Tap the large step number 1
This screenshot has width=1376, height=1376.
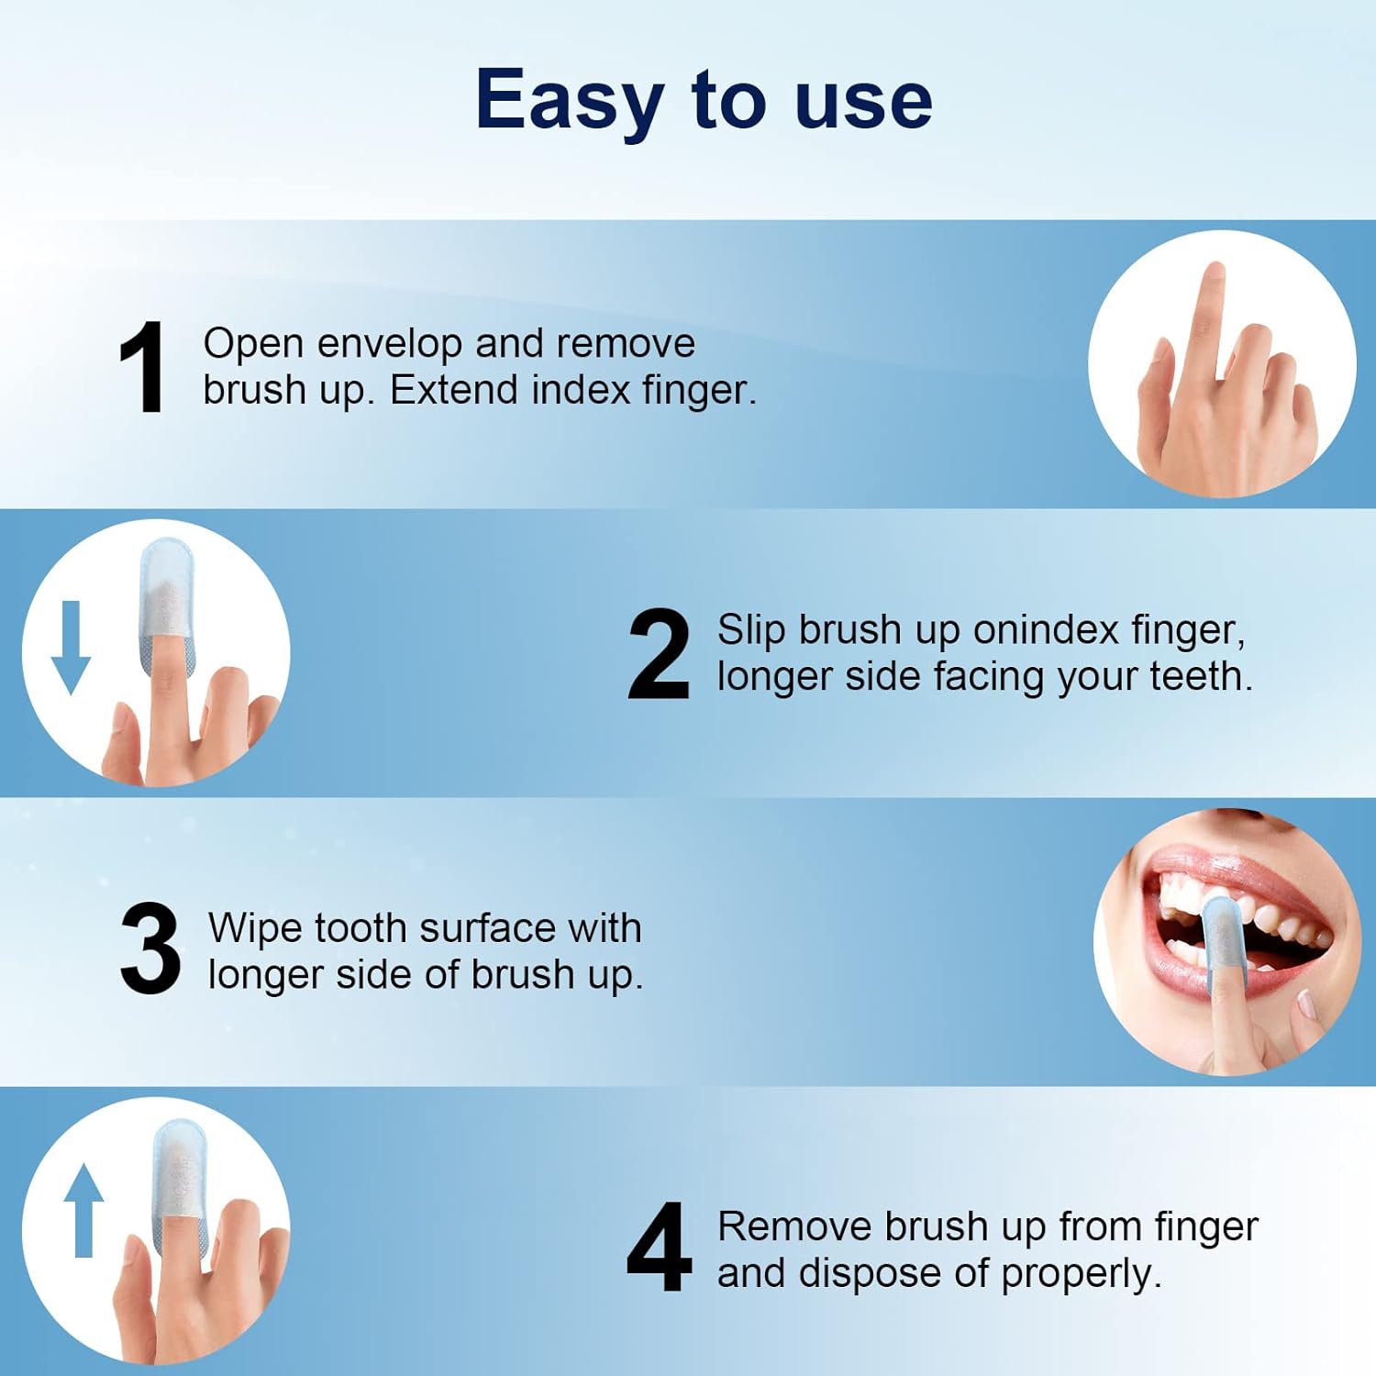(x=142, y=369)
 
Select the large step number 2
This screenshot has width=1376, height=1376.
(x=658, y=655)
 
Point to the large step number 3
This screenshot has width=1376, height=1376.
(x=150, y=949)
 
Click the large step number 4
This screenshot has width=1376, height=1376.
(x=659, y=1249)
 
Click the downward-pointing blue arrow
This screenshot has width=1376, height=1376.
(x=71, y=647)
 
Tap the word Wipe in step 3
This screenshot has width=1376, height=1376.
(x=255, y=928)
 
